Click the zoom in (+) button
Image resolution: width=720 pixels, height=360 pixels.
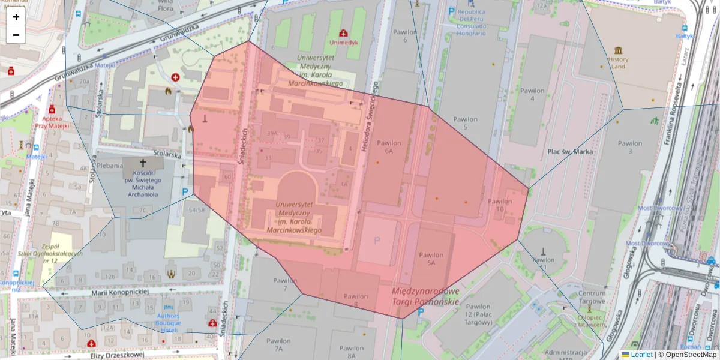[x=16, y=17]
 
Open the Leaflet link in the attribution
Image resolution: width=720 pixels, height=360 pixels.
[x=641, y=355]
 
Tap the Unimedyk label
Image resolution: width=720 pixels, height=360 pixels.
[x=343, y=43]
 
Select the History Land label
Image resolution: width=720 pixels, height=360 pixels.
[x=618, y=63]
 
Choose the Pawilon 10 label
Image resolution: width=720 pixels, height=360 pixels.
[x=500, y=205]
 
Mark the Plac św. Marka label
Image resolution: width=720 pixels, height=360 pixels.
[x=570, y=152]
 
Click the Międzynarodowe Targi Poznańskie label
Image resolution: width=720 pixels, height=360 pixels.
[x=425, y=295]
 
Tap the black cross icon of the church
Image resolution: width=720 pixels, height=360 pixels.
[x=143, y=163]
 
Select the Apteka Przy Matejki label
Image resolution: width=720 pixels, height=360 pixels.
[x=52, y=122]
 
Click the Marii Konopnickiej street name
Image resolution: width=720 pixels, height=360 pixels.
[x=120, y=292]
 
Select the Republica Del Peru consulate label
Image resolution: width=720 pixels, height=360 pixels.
[x=471, y=22]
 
